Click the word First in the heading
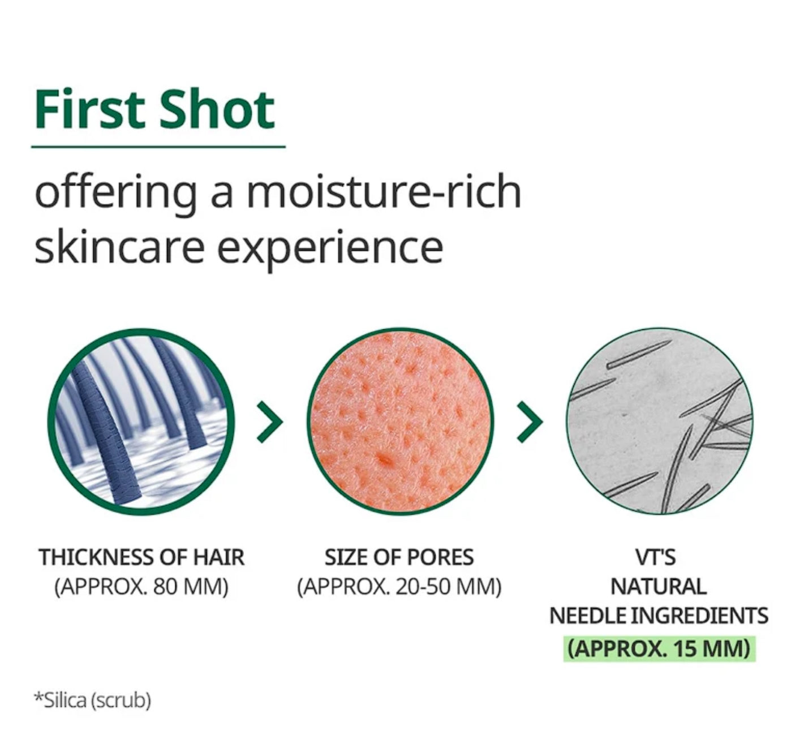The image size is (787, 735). [x=88, y=109]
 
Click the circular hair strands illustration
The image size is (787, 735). [x=141, y=422]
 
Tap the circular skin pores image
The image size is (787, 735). [x=400, y=422]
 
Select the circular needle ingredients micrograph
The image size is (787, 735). [x=659, y=422]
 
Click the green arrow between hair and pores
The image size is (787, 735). [x=270, y=422]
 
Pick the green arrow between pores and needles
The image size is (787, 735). [x=530, y=422]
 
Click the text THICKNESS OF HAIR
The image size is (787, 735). [x=141, y=557]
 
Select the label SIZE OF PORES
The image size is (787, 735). [x=399, y=557]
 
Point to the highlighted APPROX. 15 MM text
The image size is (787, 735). [x=659, y=649]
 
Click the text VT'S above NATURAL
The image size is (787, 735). [x=656, y=557]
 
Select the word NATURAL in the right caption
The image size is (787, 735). [x=659, y=586]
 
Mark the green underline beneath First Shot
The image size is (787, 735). [x=158, y=147]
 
